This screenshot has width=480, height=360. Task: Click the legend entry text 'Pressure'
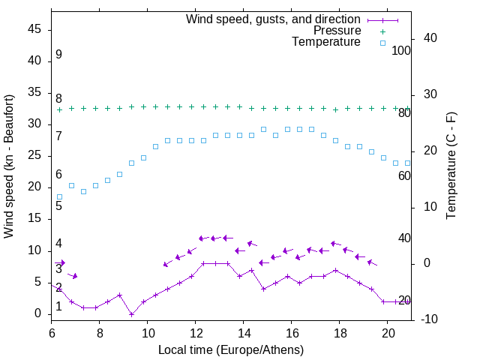point(337,31)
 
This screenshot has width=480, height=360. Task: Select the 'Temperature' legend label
point(326,42)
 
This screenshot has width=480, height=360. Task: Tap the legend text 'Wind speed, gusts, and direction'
point(274,19)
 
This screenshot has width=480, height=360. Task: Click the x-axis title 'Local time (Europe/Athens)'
point(231,349)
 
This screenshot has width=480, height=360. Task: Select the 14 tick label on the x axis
point(244,331)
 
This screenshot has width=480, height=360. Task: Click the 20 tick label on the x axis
point(387,331)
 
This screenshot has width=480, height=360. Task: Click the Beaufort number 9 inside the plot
point(58,55)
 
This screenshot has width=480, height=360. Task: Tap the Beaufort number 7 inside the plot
point(58,136)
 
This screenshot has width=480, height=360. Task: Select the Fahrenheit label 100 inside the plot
point(401,50)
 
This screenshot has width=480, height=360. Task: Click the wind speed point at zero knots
point(131,314)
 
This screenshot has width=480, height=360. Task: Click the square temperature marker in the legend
point(382,43)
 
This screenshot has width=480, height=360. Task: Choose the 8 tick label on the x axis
point(100,331)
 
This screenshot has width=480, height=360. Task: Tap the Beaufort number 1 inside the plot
point(58,306)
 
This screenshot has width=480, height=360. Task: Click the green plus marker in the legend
point(382,31)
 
